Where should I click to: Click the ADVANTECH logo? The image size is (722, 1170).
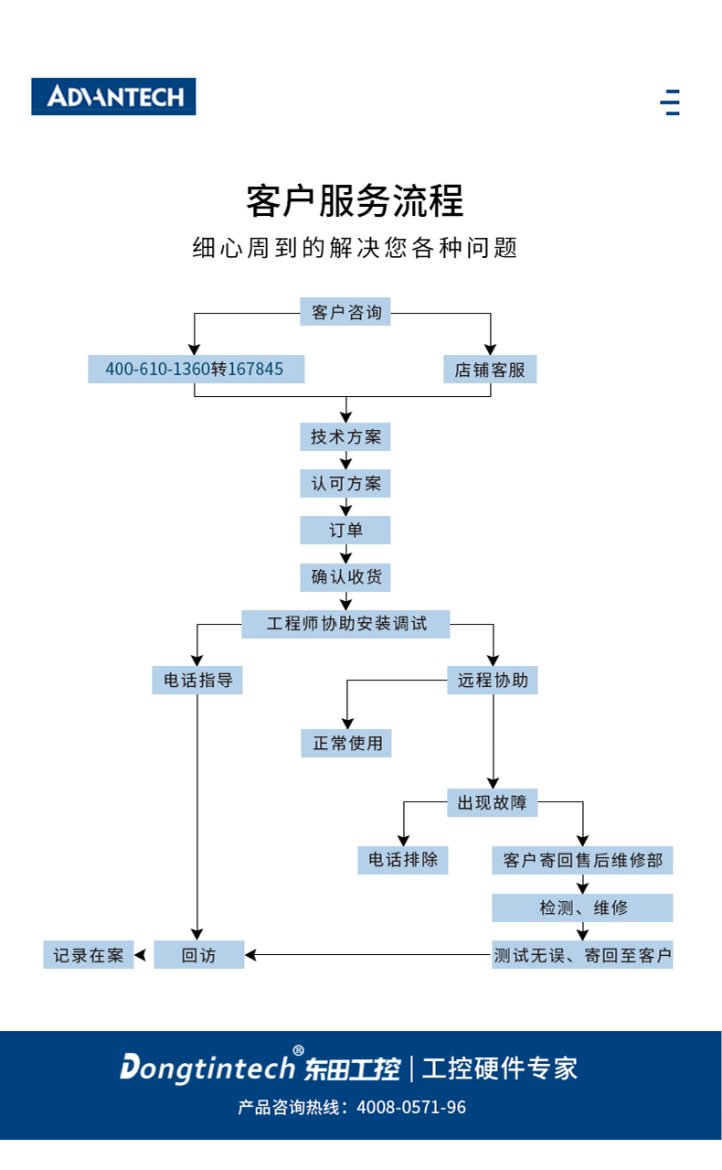click(x=113, y=96)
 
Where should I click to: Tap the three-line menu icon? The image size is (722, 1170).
click(x=671, y=102)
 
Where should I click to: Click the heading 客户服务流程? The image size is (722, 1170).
click(x=355, y=201)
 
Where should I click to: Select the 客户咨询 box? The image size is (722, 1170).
click(x=345, y=313)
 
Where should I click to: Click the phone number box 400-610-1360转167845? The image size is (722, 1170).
click(x=196, y=370)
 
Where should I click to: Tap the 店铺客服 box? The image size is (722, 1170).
click(x=490, y=370)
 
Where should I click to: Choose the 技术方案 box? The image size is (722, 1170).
click(x=345, y=437)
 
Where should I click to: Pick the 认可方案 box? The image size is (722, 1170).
click(x=345, y=484)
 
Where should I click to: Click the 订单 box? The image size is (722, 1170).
click(x=345, y=531)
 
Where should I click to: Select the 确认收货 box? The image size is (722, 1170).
click(x=345, y=578)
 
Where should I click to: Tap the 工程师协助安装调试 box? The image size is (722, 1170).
click(x=345, y=625)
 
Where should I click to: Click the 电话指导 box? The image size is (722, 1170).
click(x=197, y=681)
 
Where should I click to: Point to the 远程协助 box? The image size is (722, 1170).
click(x=493, y=681)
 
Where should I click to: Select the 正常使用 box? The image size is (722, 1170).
click(x=346, y=743)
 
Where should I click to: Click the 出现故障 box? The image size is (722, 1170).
click(x=493, y=803)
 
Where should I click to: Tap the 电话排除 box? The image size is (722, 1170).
click(x=403, y=860)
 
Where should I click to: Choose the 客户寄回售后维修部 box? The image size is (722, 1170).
click(x=582, y=861)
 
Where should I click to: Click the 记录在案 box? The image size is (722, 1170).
click(x=88, y=955)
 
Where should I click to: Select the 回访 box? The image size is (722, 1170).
click(x=198, y=955)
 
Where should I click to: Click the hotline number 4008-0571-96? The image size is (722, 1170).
click(x=411, y=1108)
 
